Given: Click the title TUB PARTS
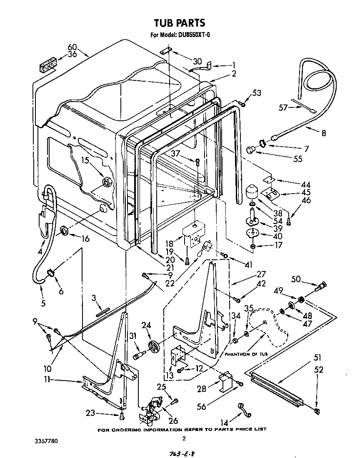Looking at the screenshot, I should (x=180, y=22).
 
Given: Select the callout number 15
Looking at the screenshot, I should (x=85, y=160).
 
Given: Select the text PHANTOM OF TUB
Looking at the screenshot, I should (x=246, y=354).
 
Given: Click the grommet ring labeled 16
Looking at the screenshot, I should (x=65, y=231).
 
